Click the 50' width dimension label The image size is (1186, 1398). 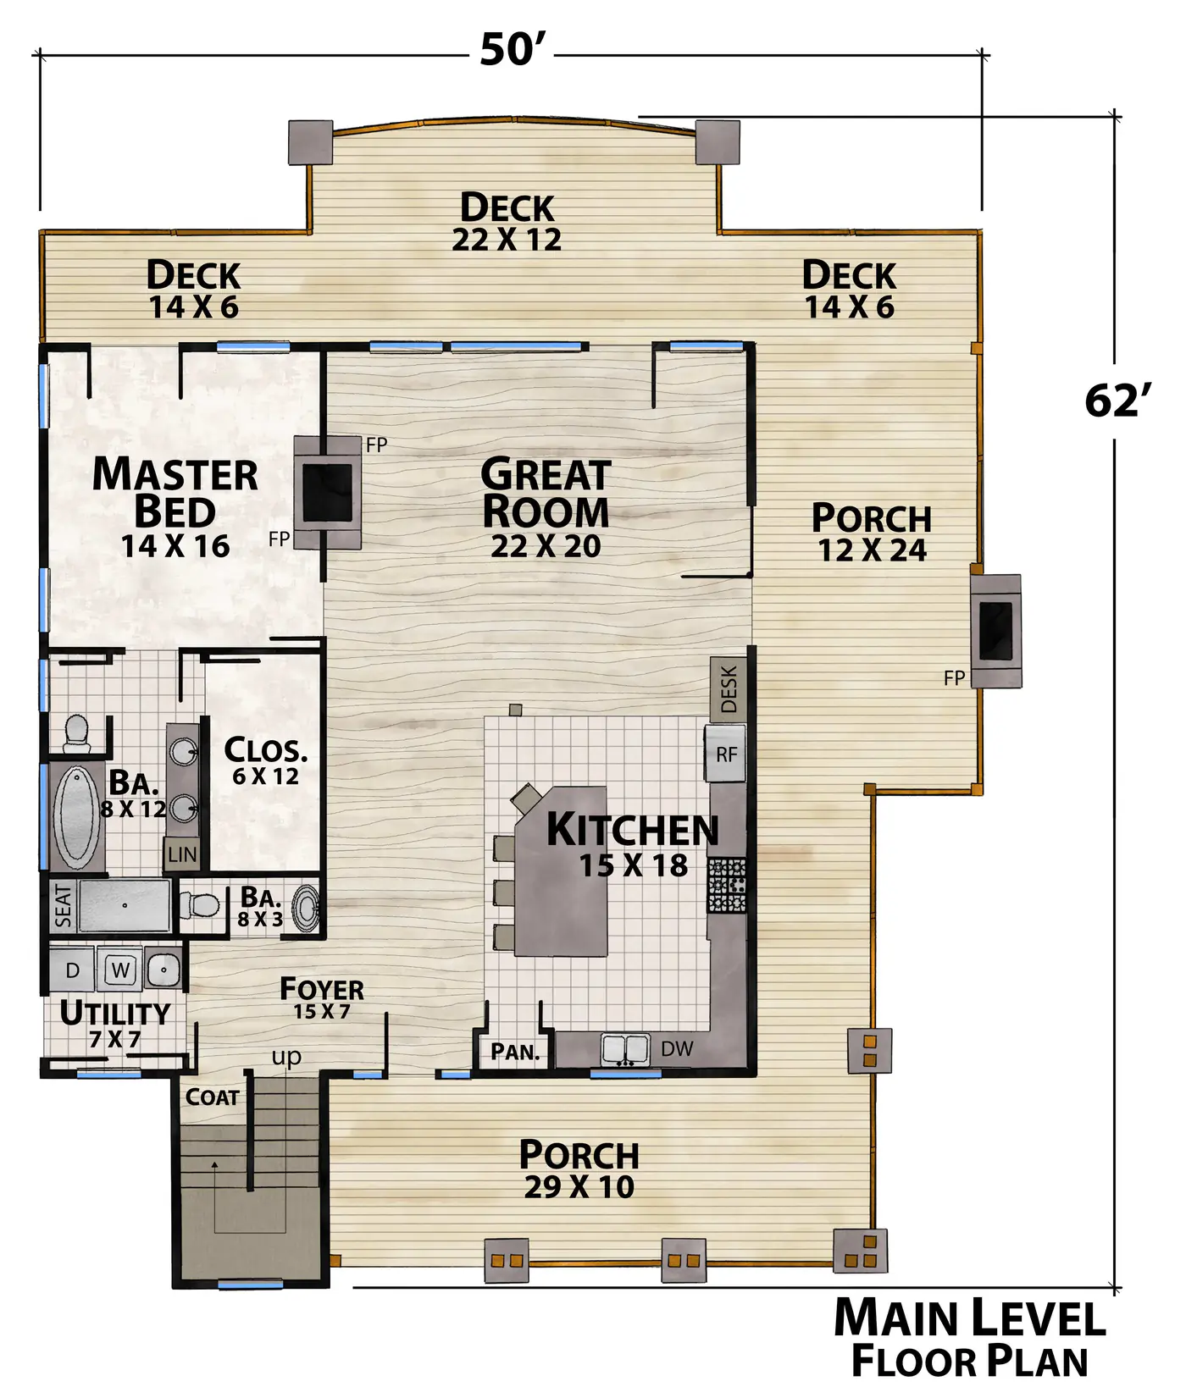[x=512, y=49]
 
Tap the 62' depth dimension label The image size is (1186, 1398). [x=1118, y=401]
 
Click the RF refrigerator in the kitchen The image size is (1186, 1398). [x=726, y=754]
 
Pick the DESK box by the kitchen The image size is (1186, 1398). [x=728, y=688]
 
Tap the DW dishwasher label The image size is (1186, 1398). [x=677, y=1049]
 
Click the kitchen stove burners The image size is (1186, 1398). [x=727, y=885]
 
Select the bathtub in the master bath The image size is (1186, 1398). [x=77, y=817]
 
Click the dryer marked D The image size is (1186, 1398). [x=72, y=970]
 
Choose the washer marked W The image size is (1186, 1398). [x=120, y=970]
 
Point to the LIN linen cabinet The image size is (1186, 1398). [x=182, y=855]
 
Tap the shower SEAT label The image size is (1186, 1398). [x=64, y=906]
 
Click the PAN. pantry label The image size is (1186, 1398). [x=515, y=1053]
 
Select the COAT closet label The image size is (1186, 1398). [x=212, y=1097]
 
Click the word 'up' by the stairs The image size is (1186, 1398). [x=286, y=1058]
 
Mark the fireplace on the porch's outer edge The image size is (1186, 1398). [x=995, y=631]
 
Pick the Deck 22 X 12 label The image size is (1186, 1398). [x=507, y=222]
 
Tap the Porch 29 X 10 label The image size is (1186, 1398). [x=579, y=1169]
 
